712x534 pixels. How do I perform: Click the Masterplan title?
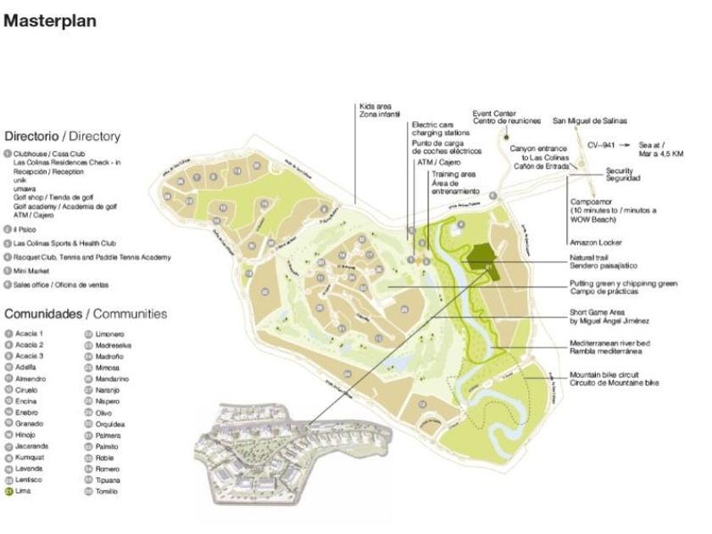(50, 20)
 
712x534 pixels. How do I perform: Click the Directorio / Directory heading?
(63, 136)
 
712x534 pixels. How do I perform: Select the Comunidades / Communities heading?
(86, 314)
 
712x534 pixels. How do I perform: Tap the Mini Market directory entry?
(32, 271)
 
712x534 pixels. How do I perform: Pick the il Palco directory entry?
(26, 229)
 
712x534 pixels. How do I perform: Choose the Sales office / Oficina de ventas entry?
(60, 285)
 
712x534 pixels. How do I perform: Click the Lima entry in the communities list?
(23, 491)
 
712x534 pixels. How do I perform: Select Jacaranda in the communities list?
(31, 446)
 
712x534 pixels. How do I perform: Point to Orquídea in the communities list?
(111, 424)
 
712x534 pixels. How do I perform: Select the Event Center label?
(506, 117)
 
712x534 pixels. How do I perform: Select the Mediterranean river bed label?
(609, 346)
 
